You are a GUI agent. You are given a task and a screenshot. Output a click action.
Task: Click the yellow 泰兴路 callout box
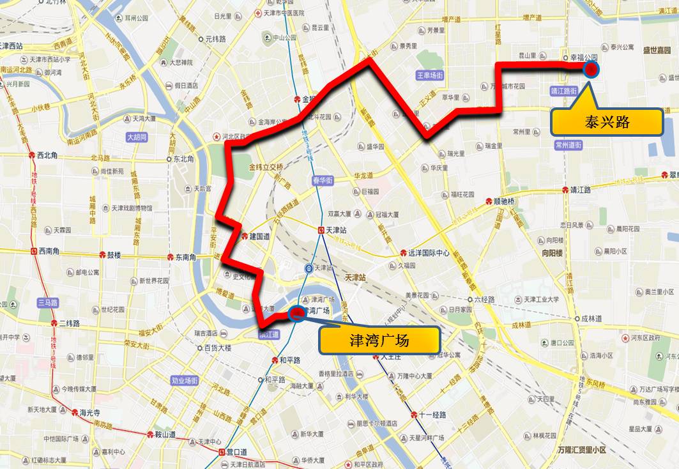click(606, 122)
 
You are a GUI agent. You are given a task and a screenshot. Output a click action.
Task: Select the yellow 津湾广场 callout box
click(379, 341)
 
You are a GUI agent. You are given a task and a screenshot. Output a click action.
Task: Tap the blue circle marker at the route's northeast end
click(591, 69)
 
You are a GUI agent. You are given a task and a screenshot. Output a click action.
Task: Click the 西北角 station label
click(48, 155)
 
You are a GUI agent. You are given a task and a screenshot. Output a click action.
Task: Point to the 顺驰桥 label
click(503, 200)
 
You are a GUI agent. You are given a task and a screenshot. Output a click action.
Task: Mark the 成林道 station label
click(591, 318)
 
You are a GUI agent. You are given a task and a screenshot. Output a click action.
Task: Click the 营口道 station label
click(237, 452)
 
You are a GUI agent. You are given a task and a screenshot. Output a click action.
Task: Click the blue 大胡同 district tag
click(137, 137)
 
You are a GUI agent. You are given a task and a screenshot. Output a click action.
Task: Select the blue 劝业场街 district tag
click(186, 381)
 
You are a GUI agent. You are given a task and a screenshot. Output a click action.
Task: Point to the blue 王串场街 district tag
click(430, 75)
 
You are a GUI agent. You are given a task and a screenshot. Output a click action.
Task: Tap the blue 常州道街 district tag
click(568, 145)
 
